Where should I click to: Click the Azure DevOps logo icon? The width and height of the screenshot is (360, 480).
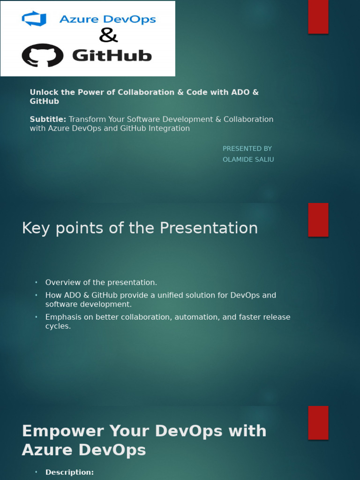(x=34, y=19)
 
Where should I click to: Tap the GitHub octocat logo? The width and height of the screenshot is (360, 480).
(x=42, y=55)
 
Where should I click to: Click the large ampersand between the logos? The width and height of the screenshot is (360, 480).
(x=108, y=35)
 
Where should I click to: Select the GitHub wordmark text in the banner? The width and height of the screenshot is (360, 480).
(x=112, y=56)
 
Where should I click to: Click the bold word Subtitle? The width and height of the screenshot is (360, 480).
(x=48, y=119)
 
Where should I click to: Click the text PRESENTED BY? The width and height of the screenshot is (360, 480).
(x=247, y=149)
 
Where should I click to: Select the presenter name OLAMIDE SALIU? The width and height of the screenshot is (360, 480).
(x=248, y=159)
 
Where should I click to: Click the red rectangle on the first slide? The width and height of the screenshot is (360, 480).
(x=318, y=17)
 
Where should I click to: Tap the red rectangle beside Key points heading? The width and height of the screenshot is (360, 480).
(x=318, y=220)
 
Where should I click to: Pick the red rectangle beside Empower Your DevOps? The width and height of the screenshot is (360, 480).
(x=318, y=423)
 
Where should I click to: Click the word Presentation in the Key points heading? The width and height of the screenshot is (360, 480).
(x=209, y=228)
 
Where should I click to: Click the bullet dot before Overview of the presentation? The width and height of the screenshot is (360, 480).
(x=36, y=283)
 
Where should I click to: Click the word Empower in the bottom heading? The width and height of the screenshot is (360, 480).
(x=63, y=431)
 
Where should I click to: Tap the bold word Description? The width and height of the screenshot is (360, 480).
(x=69, y=472)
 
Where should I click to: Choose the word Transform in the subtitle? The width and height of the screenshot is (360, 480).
(x=86, y=119)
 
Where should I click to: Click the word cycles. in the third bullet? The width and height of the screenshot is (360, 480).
(x=58, y=326)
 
